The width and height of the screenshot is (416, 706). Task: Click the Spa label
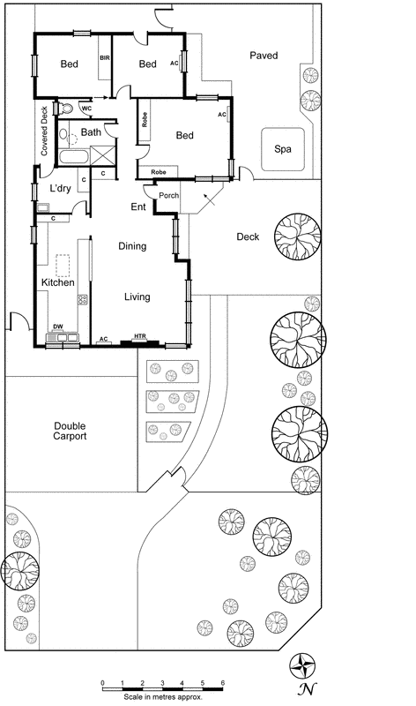283,149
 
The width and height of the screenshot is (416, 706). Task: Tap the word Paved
263,56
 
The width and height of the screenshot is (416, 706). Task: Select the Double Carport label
69,431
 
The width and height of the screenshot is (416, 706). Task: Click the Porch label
168,195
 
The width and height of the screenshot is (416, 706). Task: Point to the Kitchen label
58,282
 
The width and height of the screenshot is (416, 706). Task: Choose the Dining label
132,247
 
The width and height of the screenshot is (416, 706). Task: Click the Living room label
137,297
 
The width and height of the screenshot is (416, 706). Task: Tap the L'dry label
60,189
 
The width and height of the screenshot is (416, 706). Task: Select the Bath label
91,132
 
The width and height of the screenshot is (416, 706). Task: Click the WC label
86,109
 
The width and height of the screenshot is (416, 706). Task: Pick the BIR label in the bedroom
105,58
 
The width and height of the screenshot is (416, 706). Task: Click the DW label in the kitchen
57,327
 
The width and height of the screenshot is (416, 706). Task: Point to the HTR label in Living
139,336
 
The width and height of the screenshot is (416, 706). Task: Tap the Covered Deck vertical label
44,131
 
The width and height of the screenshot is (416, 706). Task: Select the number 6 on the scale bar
222,683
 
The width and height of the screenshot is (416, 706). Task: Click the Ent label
138,207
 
